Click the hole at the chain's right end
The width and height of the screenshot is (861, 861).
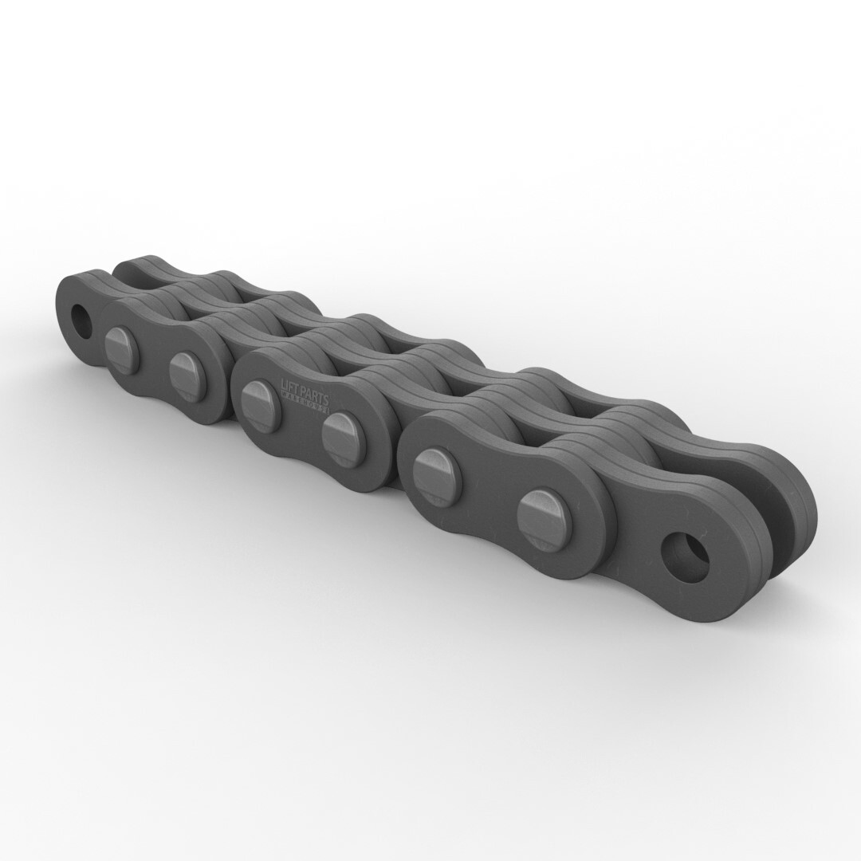coord(685,556)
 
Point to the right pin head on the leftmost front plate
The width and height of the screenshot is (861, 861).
coord(187,375)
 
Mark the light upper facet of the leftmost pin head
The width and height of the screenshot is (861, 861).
coord(117,338)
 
